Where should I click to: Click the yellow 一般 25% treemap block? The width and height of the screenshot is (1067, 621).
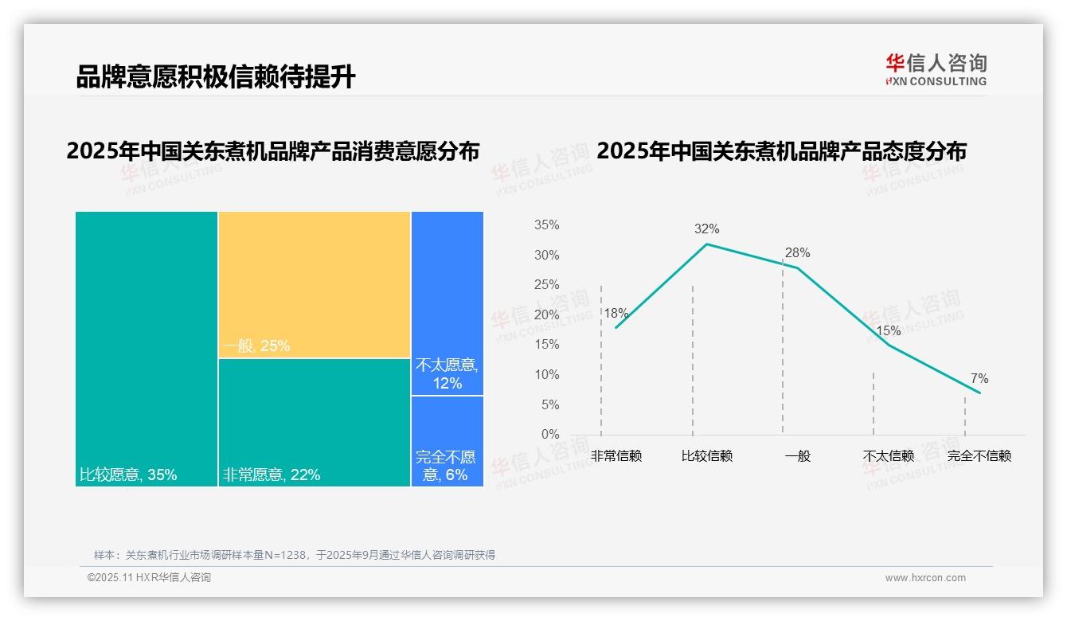[x=315, y=284]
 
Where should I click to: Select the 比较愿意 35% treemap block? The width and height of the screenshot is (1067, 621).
[x=147, y=348]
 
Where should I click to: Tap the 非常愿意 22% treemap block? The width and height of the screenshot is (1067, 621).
[x=315, y=422]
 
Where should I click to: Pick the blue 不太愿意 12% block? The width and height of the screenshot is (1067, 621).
[x=447, y=303]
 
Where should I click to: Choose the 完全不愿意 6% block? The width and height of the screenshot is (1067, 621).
[x=447, y=441]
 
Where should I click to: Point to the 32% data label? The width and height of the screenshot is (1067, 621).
[x=706, y=229]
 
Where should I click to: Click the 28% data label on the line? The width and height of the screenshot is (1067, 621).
[x=797, y=253]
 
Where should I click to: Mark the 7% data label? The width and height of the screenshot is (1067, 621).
[x=979, y=379]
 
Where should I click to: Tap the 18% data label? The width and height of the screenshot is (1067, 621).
[x=616, y=314]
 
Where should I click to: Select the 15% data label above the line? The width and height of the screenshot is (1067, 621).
[x=888, y=331]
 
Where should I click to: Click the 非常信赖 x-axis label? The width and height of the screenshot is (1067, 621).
[x=616, y=456]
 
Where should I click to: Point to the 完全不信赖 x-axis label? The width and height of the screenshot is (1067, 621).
[x=979, y=456]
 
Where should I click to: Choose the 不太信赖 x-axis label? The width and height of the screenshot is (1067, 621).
[x=888, y=456]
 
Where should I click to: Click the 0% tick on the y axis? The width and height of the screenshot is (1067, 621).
[x=549, y=435]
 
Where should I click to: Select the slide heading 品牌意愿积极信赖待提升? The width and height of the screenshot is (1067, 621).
[x=216, y=77]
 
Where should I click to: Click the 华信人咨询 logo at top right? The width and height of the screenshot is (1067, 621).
[x=936, y=69]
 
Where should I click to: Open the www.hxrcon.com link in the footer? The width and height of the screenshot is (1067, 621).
[x=925, y=578]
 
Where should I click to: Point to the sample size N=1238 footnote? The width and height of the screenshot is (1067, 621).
[x=295, y=555]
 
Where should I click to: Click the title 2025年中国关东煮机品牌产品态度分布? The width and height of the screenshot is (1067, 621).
[x=781, y=151]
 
